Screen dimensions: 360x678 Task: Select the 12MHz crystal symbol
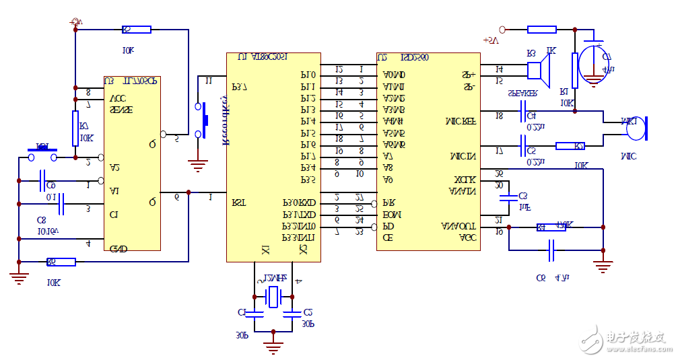click(x=273, y=297)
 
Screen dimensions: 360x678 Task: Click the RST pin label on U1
click(x=240, y=201)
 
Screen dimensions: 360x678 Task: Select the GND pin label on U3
click(x=118, y=248)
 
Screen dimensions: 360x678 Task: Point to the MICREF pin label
click(x=461, y=122)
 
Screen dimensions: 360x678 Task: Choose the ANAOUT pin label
click(x=459, y=226)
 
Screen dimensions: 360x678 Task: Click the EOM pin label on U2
click(x=392, y=214)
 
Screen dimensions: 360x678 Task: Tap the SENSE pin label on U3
click(x=121, y=109)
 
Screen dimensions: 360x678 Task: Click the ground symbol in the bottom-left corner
click(x=19, y=275)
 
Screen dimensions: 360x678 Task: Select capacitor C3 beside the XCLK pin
click(x=510, y=199)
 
